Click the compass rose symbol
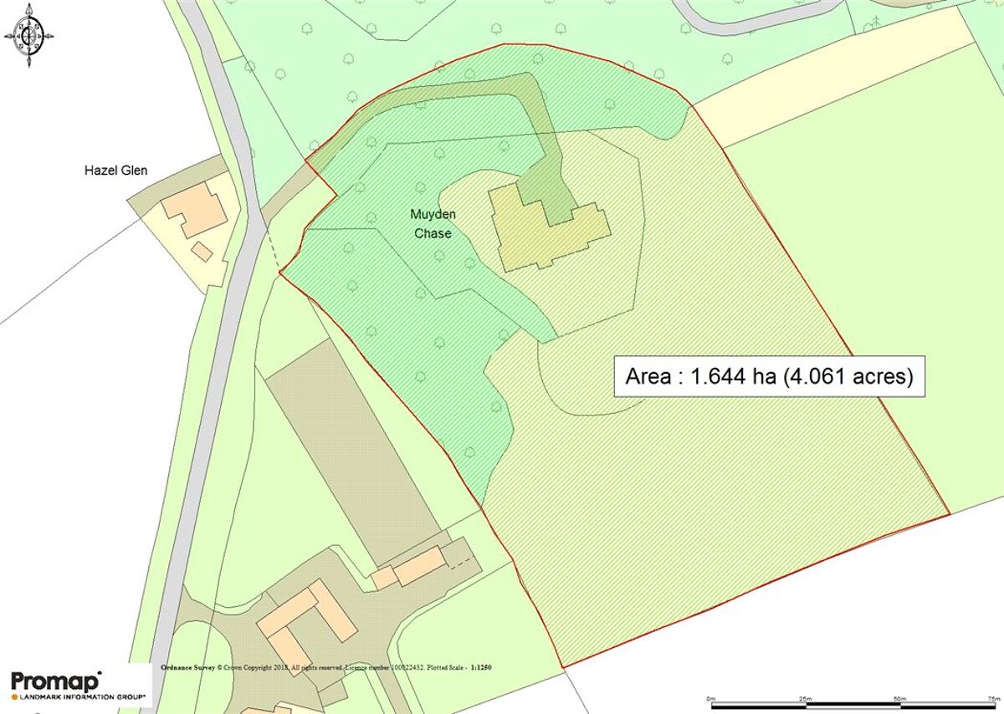(x=29, y=35)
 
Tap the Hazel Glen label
(x=115, y=171)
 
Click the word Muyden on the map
(x=433, y=215)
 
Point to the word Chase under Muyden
(x=433, y=234)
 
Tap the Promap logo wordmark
(x=55, y=680)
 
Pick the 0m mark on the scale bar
(x=710, y=697)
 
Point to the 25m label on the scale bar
(x=805, y=697)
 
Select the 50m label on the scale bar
(x=899, y=697)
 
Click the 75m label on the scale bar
(x=993, y=697)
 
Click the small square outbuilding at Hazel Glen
(x=201, y=251)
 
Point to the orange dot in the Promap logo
(x=14, y=696)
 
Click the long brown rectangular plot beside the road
(x=351, y=460)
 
